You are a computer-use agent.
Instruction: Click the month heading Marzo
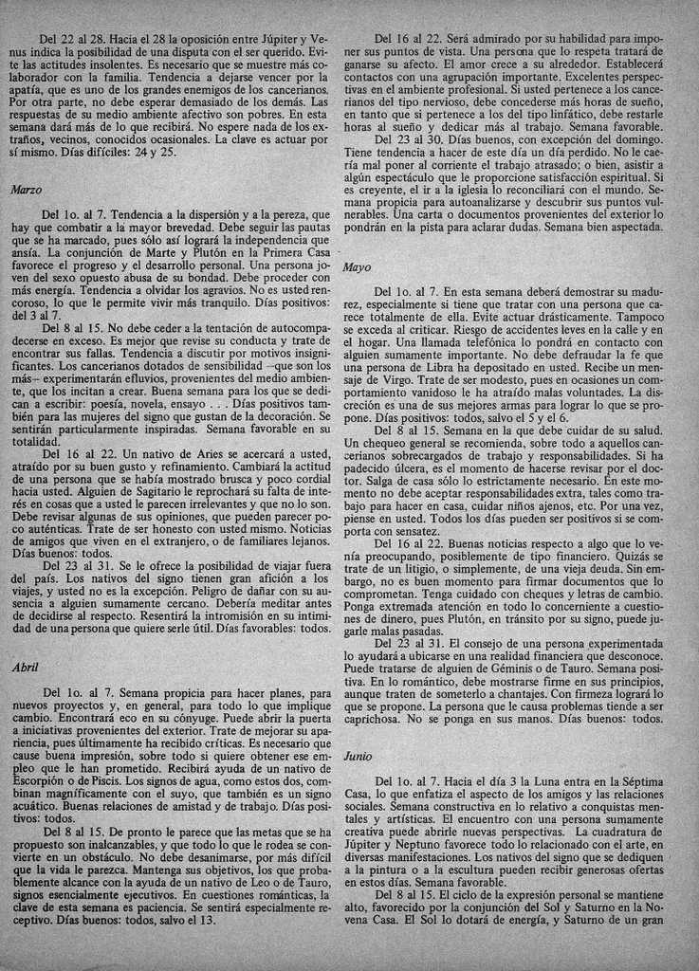(x=26, y=190)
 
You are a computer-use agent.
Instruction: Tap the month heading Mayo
(x=358, y=267)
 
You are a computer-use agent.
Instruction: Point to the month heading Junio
(x=359, y=757)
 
